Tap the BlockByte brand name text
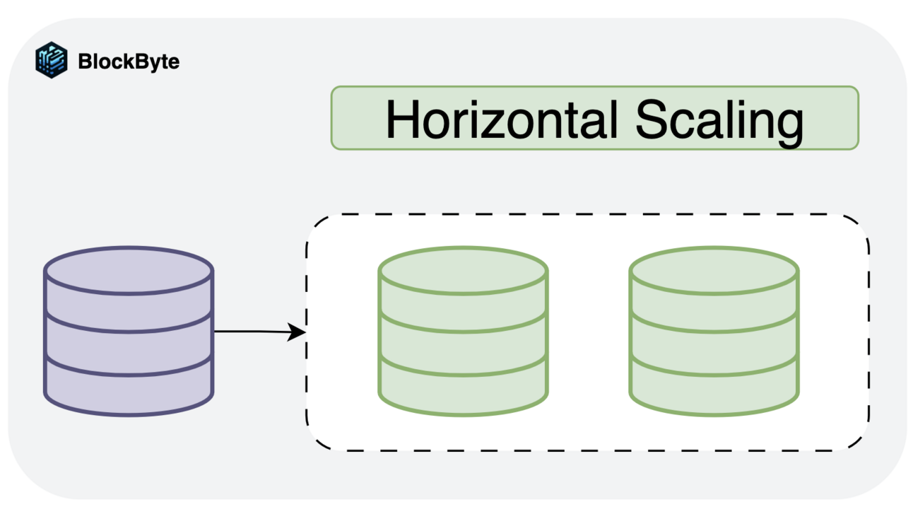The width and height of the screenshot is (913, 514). [129, 62]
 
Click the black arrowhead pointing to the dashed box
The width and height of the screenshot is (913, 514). [298, 332]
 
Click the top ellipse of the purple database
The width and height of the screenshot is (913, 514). [129, 269]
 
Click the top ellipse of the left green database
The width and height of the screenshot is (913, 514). [463, 269]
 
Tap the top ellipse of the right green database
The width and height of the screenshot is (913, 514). [714, 269]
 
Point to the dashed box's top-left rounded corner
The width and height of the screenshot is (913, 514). [315, 224]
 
